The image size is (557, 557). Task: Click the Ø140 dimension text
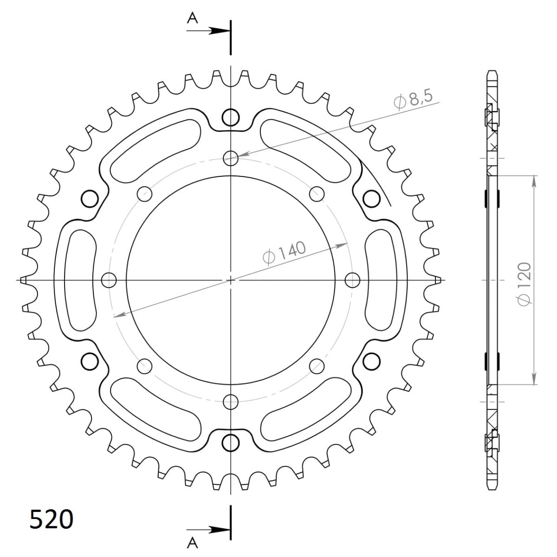pos(284,253)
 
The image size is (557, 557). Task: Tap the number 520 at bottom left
pos(51,519)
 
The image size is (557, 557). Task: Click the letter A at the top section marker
pos(192,18)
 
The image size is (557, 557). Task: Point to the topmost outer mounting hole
pos(231,117)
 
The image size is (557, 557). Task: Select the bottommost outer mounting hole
pos(231,443)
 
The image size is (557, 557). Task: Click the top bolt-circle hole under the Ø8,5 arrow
pos(231,158)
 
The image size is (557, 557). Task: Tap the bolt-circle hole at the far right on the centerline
pos(353,280)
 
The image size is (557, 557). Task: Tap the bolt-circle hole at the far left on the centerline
pos(109,280)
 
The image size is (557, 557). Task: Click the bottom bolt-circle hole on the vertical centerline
pos(231,401)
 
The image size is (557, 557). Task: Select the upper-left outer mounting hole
pos(90,199)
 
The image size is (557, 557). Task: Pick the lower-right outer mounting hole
pos(371,361)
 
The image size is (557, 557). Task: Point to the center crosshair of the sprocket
pos(231,280)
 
